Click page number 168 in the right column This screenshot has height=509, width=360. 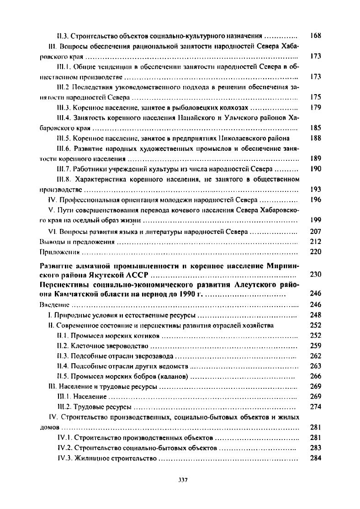[x=315, y=36]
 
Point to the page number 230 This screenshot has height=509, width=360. [x=315, y=275]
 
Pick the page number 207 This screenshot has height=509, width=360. [x=315, y=232]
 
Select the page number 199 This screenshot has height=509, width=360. [x=315, y=221]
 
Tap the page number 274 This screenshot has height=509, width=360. [x=315, y=407]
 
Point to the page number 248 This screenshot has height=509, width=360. [x=315, y=315]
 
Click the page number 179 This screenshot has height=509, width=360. [x=315, y=108]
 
